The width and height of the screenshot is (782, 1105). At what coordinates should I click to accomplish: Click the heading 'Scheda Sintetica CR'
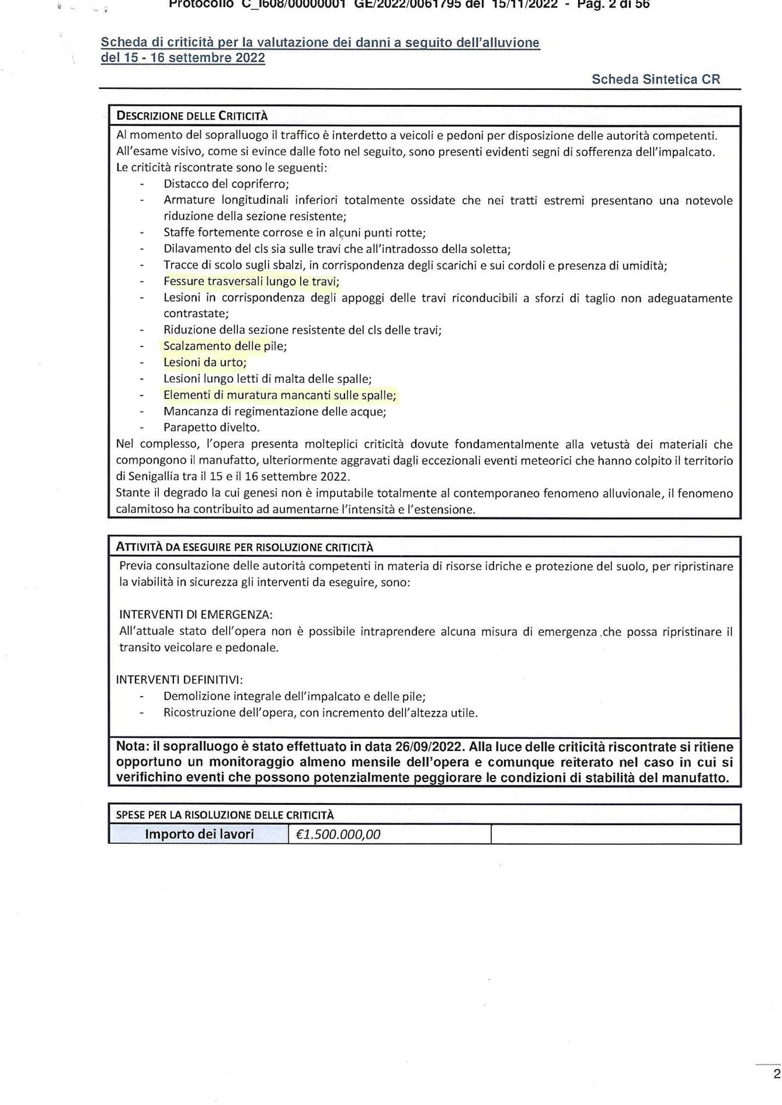point(655,79)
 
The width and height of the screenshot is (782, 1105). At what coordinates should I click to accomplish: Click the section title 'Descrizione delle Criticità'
point(192,116)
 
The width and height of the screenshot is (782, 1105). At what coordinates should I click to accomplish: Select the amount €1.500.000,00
point(338,834)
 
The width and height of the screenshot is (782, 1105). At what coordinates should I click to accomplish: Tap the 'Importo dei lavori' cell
point(199,834)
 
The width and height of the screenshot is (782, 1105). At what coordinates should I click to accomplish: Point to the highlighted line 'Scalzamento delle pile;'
point(225,346)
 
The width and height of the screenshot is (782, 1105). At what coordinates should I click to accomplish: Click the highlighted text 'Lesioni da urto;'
point(205,362)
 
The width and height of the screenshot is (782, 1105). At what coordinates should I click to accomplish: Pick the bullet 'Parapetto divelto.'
point(211,427)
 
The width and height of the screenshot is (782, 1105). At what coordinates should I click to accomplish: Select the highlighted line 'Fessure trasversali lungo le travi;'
point(251,281)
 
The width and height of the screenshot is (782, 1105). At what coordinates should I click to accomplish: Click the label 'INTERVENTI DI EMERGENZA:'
point(196,614)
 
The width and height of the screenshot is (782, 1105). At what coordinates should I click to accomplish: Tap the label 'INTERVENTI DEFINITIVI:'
point(179,679)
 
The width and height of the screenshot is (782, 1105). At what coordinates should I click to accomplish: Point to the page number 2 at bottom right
point(776,1073)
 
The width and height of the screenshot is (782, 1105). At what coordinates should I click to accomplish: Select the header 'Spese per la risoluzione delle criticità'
point(225,815)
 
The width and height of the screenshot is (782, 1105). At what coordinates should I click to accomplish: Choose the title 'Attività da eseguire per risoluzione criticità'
point(244,547)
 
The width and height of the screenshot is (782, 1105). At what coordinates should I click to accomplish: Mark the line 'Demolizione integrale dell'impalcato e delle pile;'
point(294,696)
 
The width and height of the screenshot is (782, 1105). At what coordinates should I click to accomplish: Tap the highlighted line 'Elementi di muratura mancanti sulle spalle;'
point(280,395)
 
